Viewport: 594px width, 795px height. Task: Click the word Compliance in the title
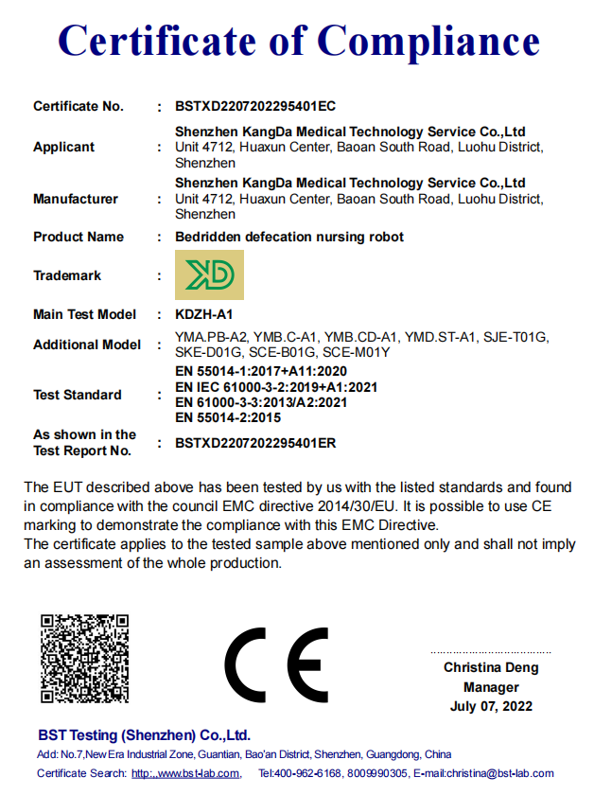pyautogui.click(x=428, y=43)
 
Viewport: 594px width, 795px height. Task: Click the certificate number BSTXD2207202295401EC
pyautogui.click(x=255, y=106)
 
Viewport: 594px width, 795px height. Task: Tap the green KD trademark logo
pyautogui.click(x=210, y=275)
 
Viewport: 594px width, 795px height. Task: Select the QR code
pyautogui.click(x=84, y=658)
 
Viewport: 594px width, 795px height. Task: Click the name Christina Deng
pyautogui.click(x=491, y=667)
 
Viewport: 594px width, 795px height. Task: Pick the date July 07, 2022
pyautogui.click(x=491, y=706)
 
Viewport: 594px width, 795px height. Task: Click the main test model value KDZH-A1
pyautogui.click(x=204, y=314)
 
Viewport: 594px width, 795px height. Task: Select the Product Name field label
pyautogui.click(x=79, y=237)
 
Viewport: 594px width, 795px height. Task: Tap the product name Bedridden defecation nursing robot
pyautogui.click(x=290, y=237)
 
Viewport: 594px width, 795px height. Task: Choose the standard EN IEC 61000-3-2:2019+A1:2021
pyautogui.click(x=277, y=387)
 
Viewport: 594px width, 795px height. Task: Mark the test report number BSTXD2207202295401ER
pyautogui.click(x=255, y=442)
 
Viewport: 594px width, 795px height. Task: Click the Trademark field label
pyautogui.click(x=67, y=275)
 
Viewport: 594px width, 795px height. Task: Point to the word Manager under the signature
pyautogui.click(x=491, y=687)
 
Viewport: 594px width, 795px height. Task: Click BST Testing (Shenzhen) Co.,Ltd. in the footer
pyautogui.click(x=144, y=735)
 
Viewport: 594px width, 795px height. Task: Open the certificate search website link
pyautogui.click(x=185, y=774)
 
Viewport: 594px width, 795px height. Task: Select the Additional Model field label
pyautogui.click(x=87, y=344)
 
